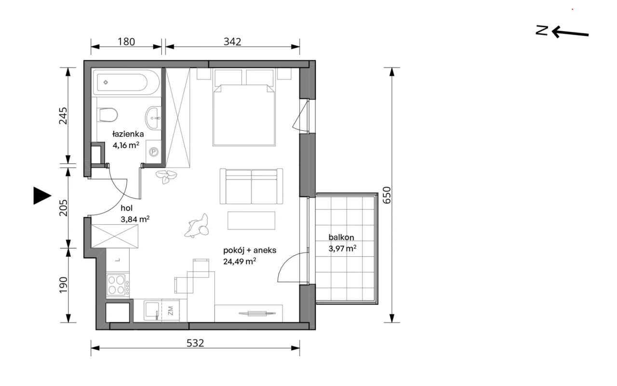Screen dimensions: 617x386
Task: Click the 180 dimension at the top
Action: point(126,41)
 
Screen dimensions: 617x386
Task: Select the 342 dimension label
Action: point(232,41)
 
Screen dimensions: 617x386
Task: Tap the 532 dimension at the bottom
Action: point(195,343)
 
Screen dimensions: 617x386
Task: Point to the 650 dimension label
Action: point(387,195)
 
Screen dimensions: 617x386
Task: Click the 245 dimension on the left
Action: point(63,116)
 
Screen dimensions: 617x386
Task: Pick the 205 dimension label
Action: point(63,208)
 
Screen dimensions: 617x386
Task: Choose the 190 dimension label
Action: point(63,285)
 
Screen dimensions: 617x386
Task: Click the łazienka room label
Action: point(128,134)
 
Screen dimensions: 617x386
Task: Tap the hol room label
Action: point(126,208)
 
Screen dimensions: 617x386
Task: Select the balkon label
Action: point(341,237)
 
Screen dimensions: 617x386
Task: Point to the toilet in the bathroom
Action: point(107,115)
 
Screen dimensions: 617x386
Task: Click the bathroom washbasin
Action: point(153,118)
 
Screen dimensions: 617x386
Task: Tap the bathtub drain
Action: point(106,82)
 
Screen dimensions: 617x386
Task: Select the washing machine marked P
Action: point(153,152)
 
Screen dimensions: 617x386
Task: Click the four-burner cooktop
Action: point(118,285)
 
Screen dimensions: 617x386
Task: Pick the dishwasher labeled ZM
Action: point(170,311)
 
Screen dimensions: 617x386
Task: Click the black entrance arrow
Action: point(42,196)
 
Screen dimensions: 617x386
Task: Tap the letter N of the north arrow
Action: point(542,30)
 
